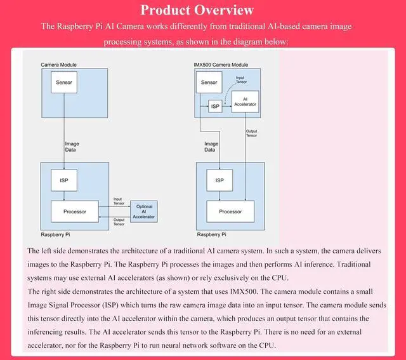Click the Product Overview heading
pos(197,10)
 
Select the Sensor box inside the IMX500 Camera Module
pos(209,83)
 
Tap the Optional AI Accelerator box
pos(143,211)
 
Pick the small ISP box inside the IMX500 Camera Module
pos(215,106)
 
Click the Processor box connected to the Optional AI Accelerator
pos(74,211)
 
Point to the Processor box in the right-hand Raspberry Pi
pos(230,211)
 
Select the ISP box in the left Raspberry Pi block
pos(64,180)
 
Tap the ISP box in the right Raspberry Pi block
pos(219,180)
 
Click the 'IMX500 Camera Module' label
pos(221,65)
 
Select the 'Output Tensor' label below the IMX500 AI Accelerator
pos(251,133)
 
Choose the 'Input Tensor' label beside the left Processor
pos(118,201)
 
